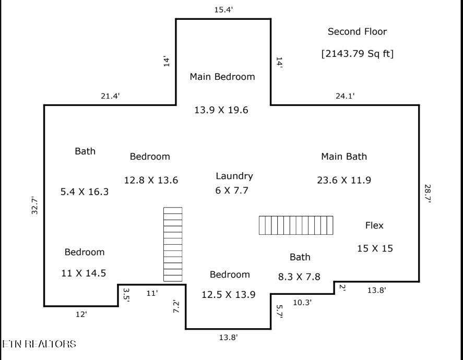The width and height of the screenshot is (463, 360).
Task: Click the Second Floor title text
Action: (357, 32)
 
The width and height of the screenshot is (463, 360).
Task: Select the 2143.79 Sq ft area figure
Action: (357, 54)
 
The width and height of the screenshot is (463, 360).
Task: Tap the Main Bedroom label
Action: (222, 77)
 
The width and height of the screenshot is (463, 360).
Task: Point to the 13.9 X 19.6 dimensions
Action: (221, 110)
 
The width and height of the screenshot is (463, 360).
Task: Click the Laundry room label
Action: (234, 176)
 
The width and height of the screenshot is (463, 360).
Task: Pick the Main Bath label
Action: (344, 157)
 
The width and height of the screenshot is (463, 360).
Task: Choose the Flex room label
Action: (374, 225)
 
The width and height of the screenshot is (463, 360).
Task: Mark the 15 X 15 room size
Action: (375, 248)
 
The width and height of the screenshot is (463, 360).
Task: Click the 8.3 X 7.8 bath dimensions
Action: (299, 277)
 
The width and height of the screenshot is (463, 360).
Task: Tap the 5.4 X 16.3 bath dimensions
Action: (85, 192)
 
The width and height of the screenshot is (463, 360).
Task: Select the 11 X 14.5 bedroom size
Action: (84, 273)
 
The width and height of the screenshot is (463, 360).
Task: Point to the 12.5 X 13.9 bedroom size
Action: (229, 294)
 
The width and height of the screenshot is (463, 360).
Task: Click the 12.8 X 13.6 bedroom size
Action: (151, 180)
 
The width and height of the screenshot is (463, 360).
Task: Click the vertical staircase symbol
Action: (173, 244)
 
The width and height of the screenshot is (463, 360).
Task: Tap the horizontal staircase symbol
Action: (296, 225)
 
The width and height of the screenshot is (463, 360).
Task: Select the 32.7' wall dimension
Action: (35, 206)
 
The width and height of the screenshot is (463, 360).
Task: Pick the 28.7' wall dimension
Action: (428, 194)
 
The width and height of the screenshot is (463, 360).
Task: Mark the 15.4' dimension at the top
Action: (223, 10)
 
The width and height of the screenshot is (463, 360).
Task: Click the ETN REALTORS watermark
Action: (39, 344)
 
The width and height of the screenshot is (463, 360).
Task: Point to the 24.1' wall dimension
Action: (345, 96)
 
